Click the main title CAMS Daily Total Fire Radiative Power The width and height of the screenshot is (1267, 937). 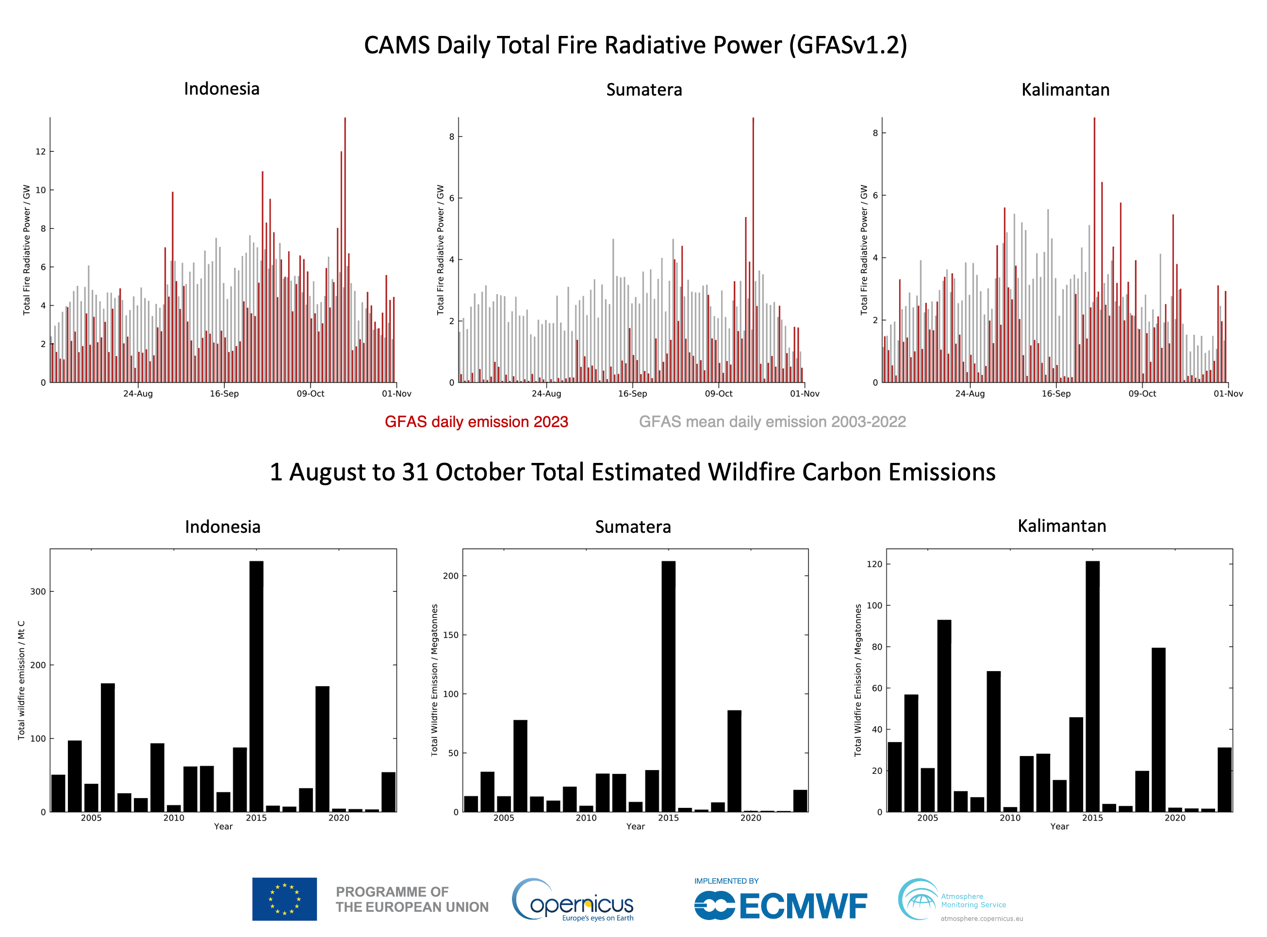coord(635,46)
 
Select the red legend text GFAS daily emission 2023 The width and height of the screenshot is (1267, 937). coord(476,422)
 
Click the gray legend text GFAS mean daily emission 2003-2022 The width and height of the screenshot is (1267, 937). coord(772,422)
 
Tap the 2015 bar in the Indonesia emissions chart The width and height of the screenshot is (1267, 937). coord(256,686)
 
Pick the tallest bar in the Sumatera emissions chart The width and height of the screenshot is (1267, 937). coord(668,686)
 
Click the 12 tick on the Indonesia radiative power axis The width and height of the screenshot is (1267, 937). coord(40,151)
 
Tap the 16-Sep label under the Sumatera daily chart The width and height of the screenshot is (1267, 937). coord(632,394)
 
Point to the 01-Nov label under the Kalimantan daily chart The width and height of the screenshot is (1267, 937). coord(1228,394)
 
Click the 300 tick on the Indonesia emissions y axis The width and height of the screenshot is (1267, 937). coord(38,592)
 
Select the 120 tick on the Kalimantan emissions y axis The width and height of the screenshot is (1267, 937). coord(874,564)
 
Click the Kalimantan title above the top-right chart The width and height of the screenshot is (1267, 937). coord(1065,90)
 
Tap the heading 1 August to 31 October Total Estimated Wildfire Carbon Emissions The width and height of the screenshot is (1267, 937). coord(632,472)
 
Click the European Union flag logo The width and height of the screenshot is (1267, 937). coord(285,899)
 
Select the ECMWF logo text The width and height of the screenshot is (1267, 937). coord(803,906)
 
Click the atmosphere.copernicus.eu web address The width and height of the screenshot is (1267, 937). coord(982,918)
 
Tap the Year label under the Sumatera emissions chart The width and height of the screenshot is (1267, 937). coord(635,826)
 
